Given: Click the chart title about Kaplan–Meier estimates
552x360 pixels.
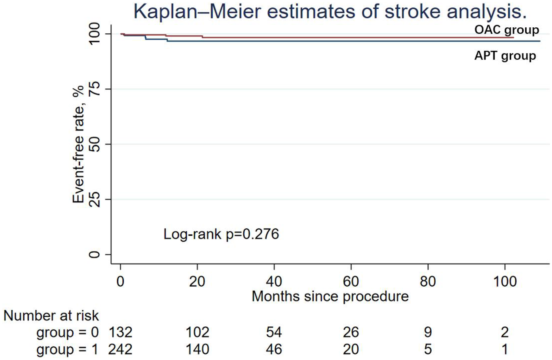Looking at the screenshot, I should coord(330,11).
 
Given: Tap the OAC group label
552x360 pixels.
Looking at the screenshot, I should coord(506,30).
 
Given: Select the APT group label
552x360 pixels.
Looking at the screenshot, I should coord(505,56).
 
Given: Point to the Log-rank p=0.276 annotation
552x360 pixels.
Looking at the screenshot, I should coord(221,234).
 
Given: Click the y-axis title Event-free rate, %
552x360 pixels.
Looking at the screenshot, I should coord(78,144).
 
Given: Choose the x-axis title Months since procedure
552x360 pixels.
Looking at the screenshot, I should coord(330,296).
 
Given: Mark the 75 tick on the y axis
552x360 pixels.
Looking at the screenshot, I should coord(94,89).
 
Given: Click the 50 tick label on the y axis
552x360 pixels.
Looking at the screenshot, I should coord(94,144).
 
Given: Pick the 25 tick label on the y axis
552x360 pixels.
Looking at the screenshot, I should coord(94,199).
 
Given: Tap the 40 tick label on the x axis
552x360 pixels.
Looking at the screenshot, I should coord(274,282).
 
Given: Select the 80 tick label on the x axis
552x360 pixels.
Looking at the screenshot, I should coord(428,282).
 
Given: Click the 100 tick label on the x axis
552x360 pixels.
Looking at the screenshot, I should coord(505,282).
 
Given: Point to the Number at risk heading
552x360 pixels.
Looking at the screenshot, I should coord(51,316).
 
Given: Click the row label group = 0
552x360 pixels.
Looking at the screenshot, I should coord(67,332).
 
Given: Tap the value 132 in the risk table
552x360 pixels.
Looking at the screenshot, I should coord(120,332).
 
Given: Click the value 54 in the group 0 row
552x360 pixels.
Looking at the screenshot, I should coord(274,332).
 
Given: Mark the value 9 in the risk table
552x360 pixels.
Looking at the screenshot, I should coord(428,332).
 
